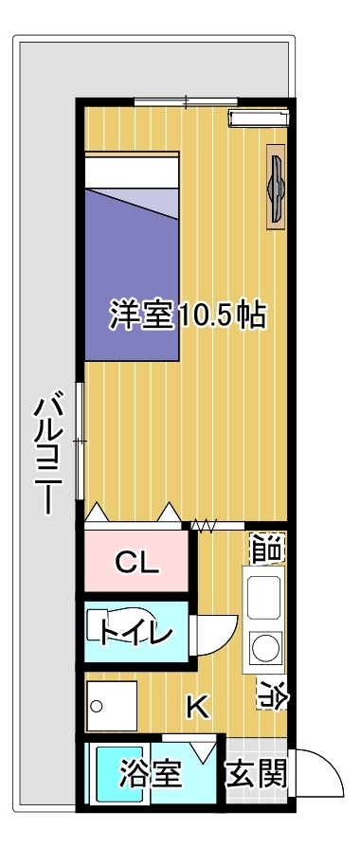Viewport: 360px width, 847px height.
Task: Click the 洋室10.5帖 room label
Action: (x=189, y=314)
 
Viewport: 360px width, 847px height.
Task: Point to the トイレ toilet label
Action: (x=135, y=632)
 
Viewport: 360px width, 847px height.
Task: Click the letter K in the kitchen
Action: (x=197, y=707)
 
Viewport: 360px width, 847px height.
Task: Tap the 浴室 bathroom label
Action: (x=150, y=774)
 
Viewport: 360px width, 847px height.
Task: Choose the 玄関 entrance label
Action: (x=256, y=775)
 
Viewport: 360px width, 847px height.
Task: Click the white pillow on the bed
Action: (x=132, y=170)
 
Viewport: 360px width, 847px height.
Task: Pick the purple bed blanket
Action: (x=132, y=274)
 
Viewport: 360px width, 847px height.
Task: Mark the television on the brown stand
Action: (x=277, y=187)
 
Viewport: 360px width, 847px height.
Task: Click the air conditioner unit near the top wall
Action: (x=259, y=117)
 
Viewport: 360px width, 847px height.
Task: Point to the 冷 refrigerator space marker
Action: (x=271, y=694)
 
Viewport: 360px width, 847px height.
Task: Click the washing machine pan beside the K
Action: (x=112, y=706)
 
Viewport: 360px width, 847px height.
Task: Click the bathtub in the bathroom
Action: (x=119, y=775)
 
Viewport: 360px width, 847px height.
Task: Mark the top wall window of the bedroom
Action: (x=186, y=100)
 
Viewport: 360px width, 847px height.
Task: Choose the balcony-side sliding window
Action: (x=80, y=442)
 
